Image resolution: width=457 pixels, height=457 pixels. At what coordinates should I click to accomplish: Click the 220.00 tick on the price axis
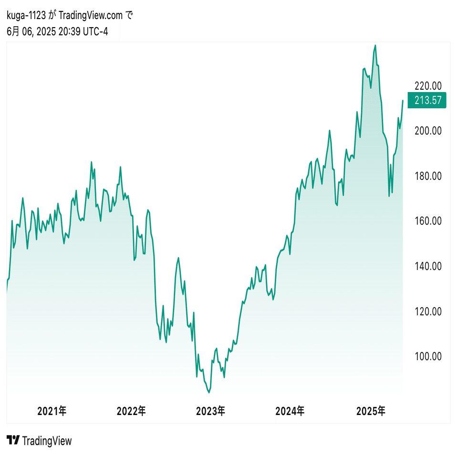(x=427, y=86)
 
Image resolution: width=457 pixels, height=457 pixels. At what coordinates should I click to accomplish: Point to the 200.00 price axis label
(x=427, y=131)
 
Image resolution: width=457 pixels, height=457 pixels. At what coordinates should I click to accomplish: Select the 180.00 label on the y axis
(x=427, y=176)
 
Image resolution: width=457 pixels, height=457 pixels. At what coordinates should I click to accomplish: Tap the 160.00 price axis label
(x=427, y=221)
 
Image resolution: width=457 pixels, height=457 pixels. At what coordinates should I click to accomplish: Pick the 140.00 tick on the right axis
(x=427, y=266)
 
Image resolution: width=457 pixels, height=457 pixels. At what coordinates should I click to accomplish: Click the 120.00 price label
(x=427, y=312)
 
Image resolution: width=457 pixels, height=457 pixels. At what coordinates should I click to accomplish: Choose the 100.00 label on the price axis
(x=427, y=356)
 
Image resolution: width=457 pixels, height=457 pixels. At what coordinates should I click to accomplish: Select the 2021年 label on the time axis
(x=52, y=411)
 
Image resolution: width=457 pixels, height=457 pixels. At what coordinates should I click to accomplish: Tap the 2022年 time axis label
(x=131, y=411)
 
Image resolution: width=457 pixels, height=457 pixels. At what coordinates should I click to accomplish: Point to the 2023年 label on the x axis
(x=210, y=411)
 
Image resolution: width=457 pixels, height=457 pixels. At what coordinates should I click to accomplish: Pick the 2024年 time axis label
(x=290, y=411)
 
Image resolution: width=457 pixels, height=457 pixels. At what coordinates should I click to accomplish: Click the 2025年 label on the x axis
(x=371, y=411)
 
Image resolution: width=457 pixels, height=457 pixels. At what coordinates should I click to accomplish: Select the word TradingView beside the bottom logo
(x=47, y=441)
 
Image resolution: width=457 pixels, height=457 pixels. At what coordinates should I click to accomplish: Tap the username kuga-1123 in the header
(x=26, y=16)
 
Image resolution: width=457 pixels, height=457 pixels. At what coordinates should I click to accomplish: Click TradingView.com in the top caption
(x=91, y=16)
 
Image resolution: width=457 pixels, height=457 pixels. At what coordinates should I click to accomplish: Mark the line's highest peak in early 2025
(x=375, y=46)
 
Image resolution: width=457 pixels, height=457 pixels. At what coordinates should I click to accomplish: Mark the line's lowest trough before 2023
(x=208, y=393)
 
